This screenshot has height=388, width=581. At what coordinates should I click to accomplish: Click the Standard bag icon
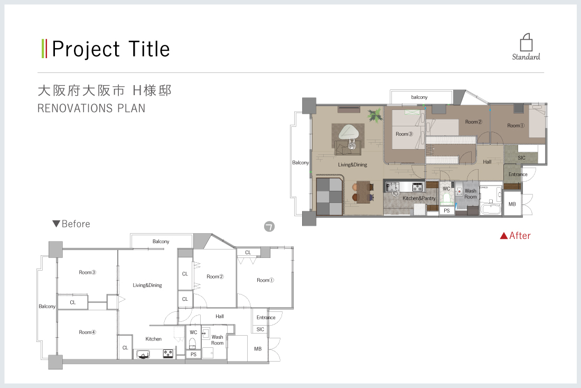[526, 42]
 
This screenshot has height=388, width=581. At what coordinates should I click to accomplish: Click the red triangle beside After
[504, 236]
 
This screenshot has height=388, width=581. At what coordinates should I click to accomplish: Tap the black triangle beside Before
[57, 224]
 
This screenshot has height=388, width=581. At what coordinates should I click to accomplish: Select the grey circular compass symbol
[269, 226]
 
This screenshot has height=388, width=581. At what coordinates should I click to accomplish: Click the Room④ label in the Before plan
[88, 332]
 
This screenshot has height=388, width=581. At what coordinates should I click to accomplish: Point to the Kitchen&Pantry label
[419, 198]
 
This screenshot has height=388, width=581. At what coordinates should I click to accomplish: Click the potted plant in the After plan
[376, 115]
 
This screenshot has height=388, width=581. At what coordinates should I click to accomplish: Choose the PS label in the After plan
[447, 211]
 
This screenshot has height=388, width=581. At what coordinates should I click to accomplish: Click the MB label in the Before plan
[258, 349]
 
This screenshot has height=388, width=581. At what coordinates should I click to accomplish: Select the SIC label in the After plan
[522, 158]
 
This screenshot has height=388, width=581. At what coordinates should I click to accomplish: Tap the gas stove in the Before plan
[168, 354]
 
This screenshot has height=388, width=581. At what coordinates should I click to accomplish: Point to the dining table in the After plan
[363, 191]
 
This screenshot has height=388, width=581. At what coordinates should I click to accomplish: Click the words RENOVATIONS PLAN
[91, 108]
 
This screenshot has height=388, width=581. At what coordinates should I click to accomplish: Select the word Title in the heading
[149, 49]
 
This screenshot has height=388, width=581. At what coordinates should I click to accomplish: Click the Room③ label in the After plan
[404, 134]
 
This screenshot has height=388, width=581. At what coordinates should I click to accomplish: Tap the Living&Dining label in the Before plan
[147, 285]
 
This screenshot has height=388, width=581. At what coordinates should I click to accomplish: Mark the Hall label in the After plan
[488, 162]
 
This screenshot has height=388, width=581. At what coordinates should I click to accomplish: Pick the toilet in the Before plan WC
[193, 343]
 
